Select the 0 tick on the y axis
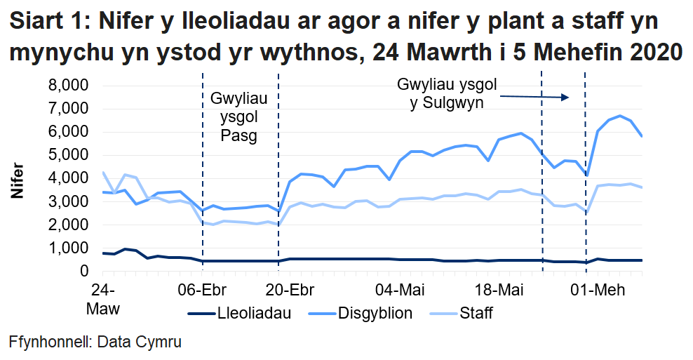[83, 271]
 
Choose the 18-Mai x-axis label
[499, 290]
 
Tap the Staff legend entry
[475, 313]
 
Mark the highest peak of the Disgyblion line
[619, 116]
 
